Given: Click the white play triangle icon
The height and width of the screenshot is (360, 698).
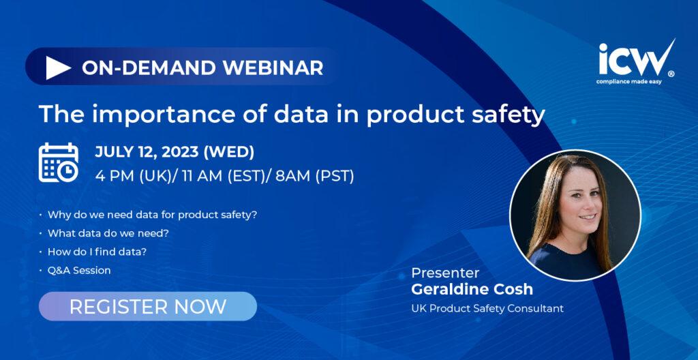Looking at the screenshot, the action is tap(58, 67).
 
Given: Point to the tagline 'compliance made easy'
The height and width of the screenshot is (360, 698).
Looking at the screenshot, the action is tap(629, 82).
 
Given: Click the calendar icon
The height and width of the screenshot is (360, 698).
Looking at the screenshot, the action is tap(59, 163).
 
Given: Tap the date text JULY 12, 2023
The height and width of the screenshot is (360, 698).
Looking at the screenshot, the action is tap(147, 152).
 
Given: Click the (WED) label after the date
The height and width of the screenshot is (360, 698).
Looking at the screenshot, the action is tap(229, 152).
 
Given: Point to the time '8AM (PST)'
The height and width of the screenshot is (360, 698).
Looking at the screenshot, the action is tap(315, 177).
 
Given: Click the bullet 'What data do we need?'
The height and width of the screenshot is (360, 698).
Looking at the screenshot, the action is tap(108, 233).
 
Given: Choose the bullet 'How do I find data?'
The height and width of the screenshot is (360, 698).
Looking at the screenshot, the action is tap(97, 252).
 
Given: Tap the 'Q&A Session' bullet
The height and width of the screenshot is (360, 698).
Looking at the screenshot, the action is tap(79, 271).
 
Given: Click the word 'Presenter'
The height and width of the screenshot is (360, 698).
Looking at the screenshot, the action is tap(445, 273).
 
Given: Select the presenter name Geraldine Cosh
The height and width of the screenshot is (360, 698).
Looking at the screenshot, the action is tap(472, 289).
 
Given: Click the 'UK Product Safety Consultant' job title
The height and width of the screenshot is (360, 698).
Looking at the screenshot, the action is tap(487, 308).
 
